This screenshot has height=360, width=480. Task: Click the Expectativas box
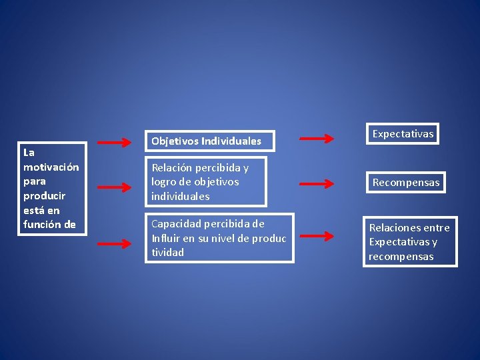(x=403, y=134)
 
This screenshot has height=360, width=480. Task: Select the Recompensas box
(x=406, y=182)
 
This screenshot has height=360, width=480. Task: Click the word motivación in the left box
(x=51, y=167)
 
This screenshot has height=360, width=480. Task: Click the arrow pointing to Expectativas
(x=316, y=139)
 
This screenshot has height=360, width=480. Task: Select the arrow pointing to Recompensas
(x=316, y=183)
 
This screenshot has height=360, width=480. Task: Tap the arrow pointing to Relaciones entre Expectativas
(x=316, y=236)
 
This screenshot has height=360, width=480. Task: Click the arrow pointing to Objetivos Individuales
(x=115, y=142)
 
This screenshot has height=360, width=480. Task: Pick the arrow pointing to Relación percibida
(x=115, y=188)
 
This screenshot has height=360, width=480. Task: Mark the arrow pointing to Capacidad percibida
(x=115, y=243)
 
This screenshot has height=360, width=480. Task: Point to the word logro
(x=164, y=182)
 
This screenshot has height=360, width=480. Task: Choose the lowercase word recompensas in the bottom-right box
(x=401, y=257)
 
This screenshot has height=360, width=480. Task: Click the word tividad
(x=167, y=253)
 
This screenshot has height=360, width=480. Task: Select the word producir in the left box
(x=44, y=195)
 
